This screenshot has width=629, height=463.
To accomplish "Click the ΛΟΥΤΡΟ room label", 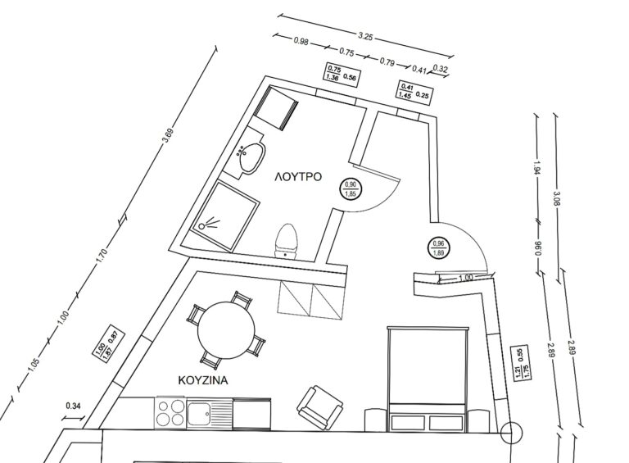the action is pos(298,177).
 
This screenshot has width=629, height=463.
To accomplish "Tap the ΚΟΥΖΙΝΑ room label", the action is pos(203,380).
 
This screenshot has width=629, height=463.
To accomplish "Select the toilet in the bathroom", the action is pos(286,241).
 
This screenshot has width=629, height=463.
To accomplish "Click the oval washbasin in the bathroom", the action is pos(252,157).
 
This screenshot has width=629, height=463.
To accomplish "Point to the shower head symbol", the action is pos(209,224).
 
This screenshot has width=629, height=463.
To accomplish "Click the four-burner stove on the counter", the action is pos(170,413).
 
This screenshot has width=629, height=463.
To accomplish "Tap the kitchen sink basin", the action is pos(199,413).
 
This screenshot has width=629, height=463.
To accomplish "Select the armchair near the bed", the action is pos(319,407).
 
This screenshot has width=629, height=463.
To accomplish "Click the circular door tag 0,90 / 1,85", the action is pos(351,189).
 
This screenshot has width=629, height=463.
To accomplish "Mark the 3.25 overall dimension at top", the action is pos(365,37).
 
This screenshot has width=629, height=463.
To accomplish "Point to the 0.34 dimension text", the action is pos(74,406).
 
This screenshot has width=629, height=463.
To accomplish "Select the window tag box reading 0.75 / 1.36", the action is pos(342,74).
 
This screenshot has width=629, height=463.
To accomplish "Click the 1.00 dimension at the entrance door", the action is pos(465,277).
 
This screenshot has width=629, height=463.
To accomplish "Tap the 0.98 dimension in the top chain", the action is pos(301,40).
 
